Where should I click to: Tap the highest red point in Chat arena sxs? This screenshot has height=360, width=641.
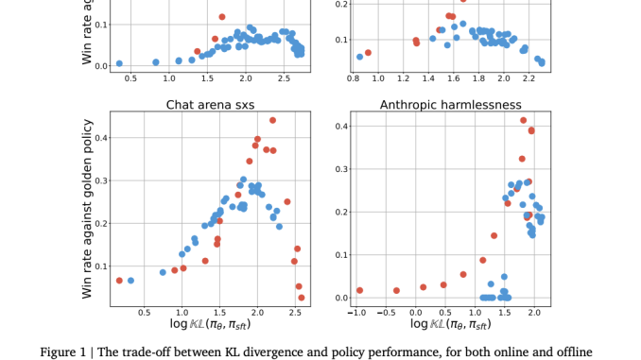pyautogui.click(x=272, y=120)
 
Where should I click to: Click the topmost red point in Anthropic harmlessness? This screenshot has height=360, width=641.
pyautogui.click(x=523, y=120)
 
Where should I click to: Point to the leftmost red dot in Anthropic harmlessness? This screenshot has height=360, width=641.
pyautogui.click(x=359, y=290)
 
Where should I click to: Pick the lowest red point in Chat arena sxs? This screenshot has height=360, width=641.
pyautogui.click(x=302, y=298)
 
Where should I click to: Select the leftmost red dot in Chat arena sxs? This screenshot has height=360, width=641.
pyautogui.click(x=119, y=281)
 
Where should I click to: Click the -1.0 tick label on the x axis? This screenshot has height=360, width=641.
pyautogui.click(x=356, y=313)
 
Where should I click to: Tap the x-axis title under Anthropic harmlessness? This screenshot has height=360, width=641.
pyautogui.click(x=448, y=326)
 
